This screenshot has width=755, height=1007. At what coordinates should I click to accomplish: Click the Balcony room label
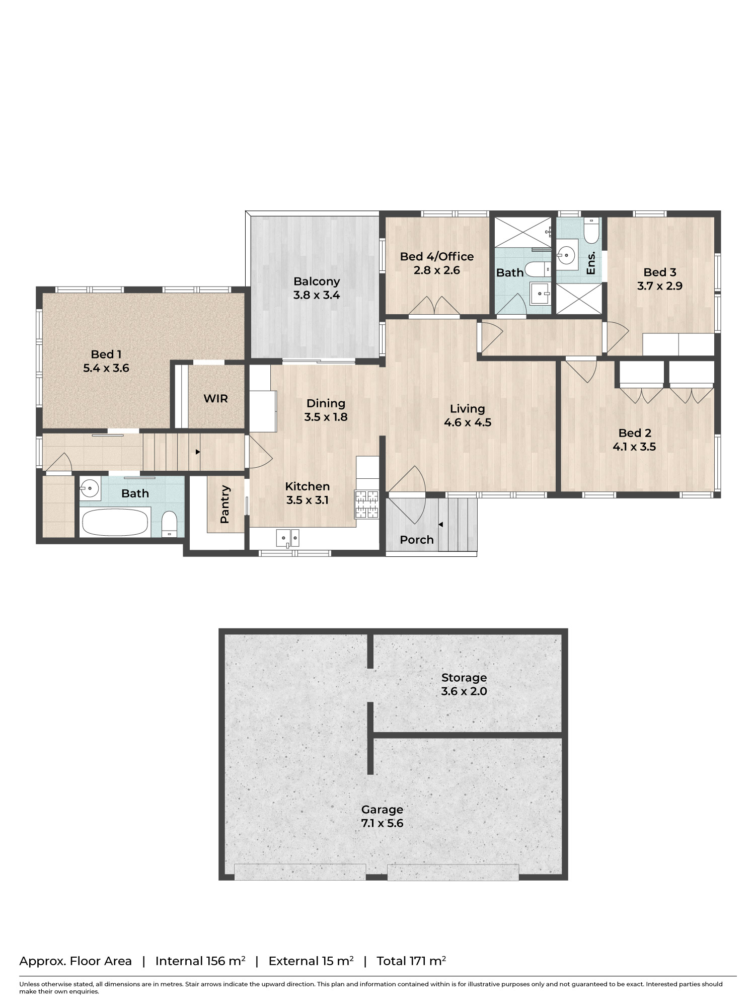[317, 281]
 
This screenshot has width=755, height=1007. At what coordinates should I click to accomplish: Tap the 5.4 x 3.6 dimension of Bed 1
[106, 368]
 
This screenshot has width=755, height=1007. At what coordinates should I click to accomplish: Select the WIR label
[215, 399]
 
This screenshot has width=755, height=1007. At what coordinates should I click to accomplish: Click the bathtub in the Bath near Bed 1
[115, 522]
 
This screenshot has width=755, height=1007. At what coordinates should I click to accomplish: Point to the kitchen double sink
[287, 538]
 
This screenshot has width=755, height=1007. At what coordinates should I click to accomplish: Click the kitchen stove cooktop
[366, 504]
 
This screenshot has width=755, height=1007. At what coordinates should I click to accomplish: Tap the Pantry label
[225, 504]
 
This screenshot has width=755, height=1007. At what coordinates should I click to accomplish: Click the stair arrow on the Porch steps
[440, 525]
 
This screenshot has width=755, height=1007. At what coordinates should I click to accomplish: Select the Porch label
[416, 540]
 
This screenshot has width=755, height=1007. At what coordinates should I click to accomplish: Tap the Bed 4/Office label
[437, 257]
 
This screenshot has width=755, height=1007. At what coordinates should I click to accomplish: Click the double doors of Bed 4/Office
[433, 306]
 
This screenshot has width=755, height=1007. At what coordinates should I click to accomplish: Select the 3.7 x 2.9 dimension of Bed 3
[659, 286]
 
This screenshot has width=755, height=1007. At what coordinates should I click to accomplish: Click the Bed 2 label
[635, 433]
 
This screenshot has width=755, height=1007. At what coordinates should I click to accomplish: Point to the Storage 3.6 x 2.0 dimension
[464, 691]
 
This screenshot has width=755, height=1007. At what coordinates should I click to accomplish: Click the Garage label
[382, 810]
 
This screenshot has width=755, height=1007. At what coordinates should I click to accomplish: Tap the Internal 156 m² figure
[200, 961]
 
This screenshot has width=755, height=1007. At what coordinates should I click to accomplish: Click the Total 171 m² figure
[411, 961]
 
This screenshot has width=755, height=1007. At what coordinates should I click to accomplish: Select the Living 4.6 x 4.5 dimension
[468, 422]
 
